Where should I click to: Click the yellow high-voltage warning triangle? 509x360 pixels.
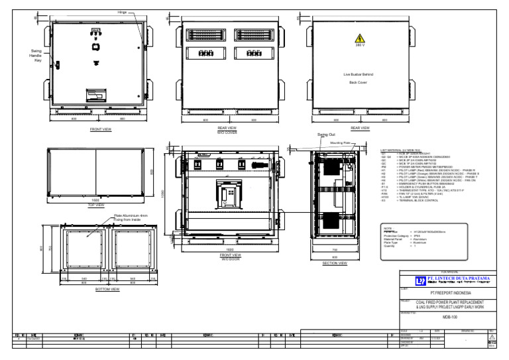click(360, 38)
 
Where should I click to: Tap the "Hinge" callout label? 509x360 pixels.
click(122, 12)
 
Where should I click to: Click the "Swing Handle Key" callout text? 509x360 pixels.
click(36, 56)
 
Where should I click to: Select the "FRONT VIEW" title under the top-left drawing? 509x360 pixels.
click(101, 130)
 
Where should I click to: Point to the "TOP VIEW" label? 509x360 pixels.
click(96, 205)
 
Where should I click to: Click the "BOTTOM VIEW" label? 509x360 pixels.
click(107, 289)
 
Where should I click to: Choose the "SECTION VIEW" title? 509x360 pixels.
click(335, 263)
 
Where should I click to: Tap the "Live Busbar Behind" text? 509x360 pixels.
click(360, 75)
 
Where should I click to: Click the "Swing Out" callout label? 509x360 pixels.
click(327, 135)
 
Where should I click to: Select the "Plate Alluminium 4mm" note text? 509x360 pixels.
click(131, 215)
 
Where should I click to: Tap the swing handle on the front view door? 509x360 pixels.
click(58, 64)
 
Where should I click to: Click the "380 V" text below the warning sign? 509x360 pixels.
click(360, 46)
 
